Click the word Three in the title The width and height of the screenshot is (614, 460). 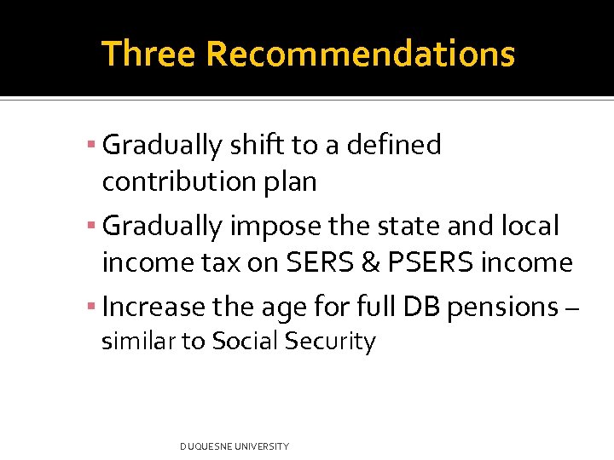pos(149,54)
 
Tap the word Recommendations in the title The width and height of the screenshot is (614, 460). pos(360,54)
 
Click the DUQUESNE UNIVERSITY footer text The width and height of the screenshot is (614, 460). pos(235,446)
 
